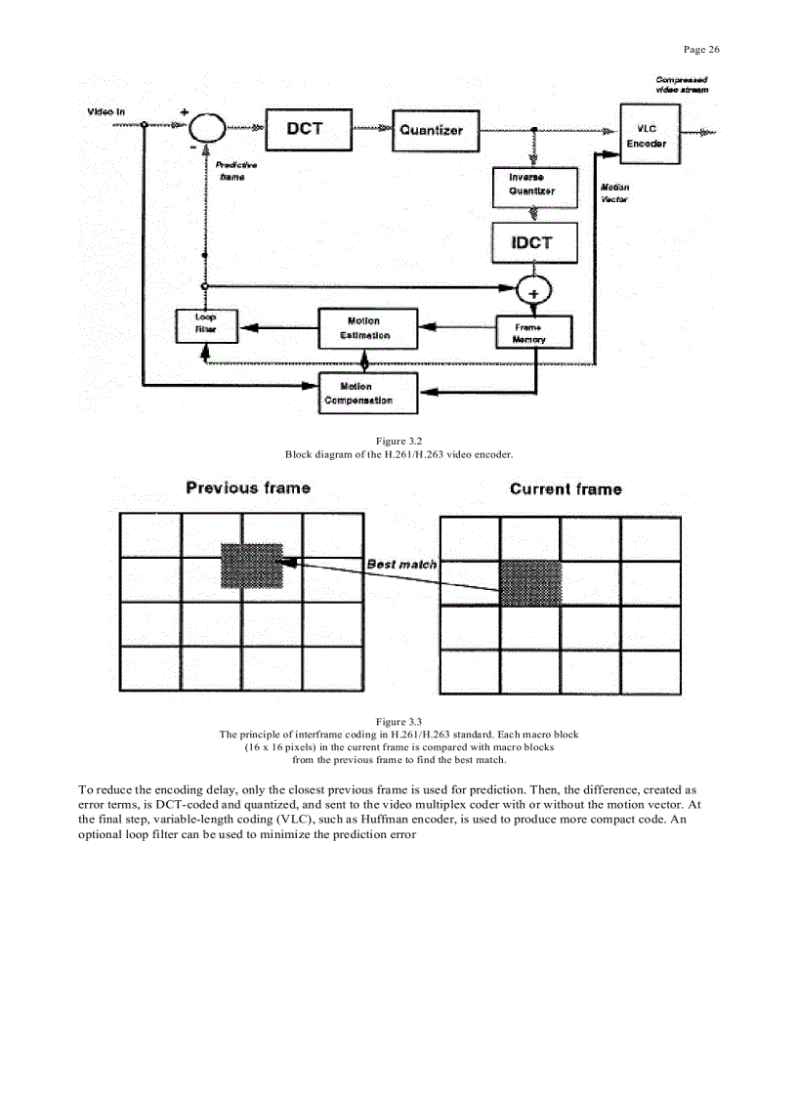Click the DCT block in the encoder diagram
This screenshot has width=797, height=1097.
(305, 128)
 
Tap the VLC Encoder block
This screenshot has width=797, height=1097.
(649, 135)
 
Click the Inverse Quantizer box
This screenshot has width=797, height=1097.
(531, 185)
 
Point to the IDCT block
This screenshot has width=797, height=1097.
(531, 242)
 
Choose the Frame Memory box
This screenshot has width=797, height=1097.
(533, 333)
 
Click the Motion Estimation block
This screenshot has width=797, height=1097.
(368, 328)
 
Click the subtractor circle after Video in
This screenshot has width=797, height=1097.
(206, 127)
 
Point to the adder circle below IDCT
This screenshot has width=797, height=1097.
(533, 289)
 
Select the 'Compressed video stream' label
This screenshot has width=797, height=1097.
(682, 83)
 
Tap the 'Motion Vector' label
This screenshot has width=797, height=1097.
(614, 192)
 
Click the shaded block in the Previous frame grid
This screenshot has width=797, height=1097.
(251, 566)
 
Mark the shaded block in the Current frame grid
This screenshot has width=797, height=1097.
(531, 583)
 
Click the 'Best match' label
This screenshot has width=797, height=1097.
(401, 565)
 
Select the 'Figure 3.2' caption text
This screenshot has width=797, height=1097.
(398, 443)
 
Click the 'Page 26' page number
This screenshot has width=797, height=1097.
(700, 50)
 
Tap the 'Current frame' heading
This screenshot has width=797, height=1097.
(565, 489)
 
